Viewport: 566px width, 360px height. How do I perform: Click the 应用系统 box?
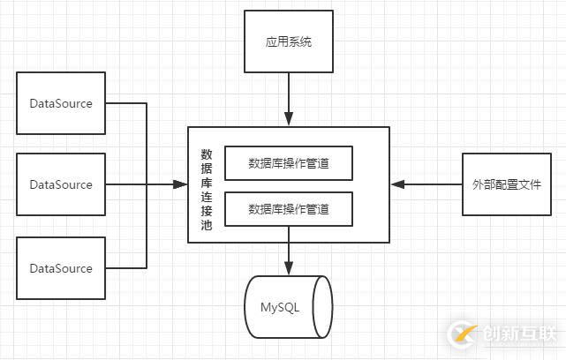(x=289, y=41)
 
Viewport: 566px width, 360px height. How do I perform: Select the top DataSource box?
(x=61, y=103)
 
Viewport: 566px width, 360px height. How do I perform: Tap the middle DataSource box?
(x=61, y=184)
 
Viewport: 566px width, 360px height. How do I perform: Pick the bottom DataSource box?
(x=61, y=268)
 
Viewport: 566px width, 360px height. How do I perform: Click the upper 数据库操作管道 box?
(x=289, y=162)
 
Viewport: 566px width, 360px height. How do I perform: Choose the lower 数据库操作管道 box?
(x=289, y=210)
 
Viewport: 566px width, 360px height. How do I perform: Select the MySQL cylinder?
(x=289, y=307)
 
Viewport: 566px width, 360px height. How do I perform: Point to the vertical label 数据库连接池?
(x=206, y=184)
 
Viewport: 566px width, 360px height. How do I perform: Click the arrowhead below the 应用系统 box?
(x=289, y=121)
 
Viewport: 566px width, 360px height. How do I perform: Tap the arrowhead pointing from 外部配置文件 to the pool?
(x=397, y=184)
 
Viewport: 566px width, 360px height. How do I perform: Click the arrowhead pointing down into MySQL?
(x=289, y=270)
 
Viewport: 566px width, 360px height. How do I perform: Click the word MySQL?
(x=280, y=307)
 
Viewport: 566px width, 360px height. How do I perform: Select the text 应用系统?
(x=289, y=41)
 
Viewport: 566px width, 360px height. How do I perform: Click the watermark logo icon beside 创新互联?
(x=463, y=334)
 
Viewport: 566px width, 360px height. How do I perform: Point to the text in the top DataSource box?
(x=61, y=103)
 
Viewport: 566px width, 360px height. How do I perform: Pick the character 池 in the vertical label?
(x=206, y=225)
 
